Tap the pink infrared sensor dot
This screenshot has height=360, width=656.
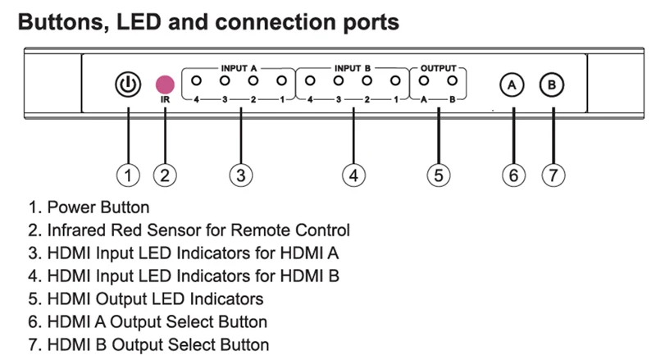click(166, 84)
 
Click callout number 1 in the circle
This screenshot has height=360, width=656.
click(127, 174)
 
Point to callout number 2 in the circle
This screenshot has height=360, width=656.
click(166, 174)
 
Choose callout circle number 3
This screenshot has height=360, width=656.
click(240, 174)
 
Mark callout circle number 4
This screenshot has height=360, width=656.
click(352, 174)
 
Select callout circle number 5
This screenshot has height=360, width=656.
click(439, 174)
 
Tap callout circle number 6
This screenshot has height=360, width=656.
click(513, 174)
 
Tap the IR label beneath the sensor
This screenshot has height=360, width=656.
click(165, 100)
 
